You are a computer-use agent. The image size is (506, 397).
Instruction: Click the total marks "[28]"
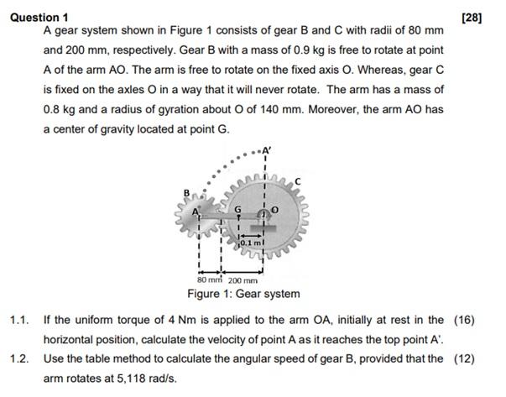pyautogui.click(x=473, y=17)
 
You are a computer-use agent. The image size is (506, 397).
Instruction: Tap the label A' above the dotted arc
pyautogui.click(x=268, y=153)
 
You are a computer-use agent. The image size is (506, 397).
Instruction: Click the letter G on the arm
pyautogui.click(x=238, y=211)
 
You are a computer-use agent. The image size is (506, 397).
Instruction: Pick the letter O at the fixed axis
pyautogui.click(x=274, y=210)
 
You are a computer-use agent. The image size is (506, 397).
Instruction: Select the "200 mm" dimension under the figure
pyautogui.click(x=243, y=279)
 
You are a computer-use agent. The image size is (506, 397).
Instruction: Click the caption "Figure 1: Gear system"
pyautogui.click(x=243, y=294)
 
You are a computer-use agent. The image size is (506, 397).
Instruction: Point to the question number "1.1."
pyautogui.click(x=20, y=320)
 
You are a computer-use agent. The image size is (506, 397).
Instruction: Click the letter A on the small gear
pyautogui.click(x=198, y=212)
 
